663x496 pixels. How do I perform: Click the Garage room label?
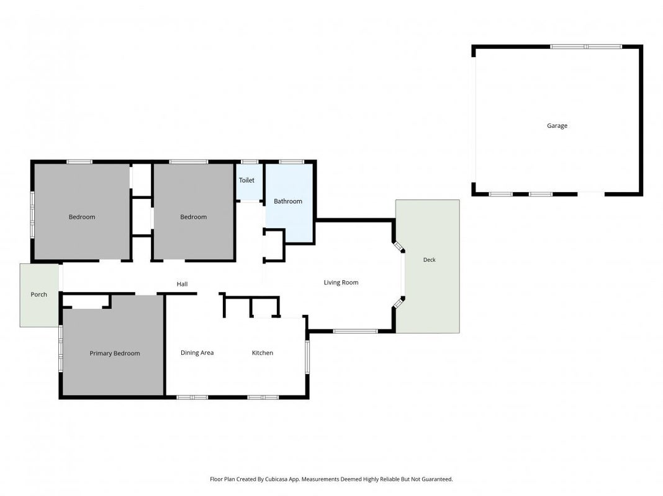pyautogui.click(x=557, y=126)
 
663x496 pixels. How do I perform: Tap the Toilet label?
pyautogui.click(x=246, y=180)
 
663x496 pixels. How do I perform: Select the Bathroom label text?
pyautogui.click(x=288, y=201)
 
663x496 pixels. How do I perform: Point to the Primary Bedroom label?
pyautogui.click(x=115, y=353)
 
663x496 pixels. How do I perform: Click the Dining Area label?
pyautogui.click(x=197, y=353)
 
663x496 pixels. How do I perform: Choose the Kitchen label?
pyautogui.click(x=262, y=353)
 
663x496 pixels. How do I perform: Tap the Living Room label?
pyautogui.click(x=341, y=282)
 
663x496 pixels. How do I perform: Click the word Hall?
pyautogui.click(x=183, y=284)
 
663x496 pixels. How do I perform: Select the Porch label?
pyautogui.click(x=39, y=294)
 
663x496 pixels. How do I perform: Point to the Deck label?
pyautogui.click(x=429, y=260)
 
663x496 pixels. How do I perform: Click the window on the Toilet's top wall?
pyautogui.click(x=250, y=162)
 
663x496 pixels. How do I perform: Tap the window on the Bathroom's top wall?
pyautogui.click(x=291, y=162)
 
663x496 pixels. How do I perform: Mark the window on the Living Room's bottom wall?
pyautogui.click(x=356, y=331)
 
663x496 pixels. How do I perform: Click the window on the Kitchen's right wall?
pyautogui.click(x=307, y=357)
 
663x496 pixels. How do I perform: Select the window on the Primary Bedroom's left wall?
pyautogui.click(x=61, y=348)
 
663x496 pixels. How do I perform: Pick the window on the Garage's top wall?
pyautogui.click(x=586, y=46)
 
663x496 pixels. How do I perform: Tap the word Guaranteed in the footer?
pyautogui.click(x=437, y=479)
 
